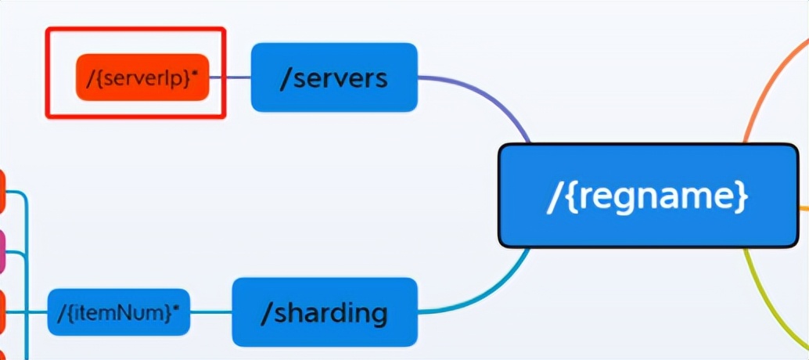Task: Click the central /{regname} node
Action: [648, 196]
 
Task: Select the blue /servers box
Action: [334, 77]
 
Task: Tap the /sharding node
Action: [324, 312]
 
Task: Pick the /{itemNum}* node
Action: [118, 312]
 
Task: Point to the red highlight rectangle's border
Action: [135, 30]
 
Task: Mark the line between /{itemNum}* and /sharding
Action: [211, 312]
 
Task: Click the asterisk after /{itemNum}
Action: [176, 308]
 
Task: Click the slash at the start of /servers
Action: [286, 77]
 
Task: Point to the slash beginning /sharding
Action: [266, 312]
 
